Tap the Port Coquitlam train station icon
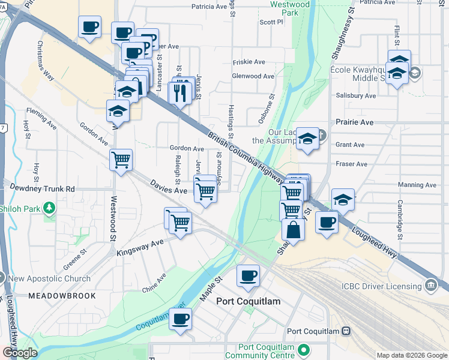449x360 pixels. click(346, 331)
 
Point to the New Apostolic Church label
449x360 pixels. click(49, 278)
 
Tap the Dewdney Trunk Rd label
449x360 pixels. click(37, 188)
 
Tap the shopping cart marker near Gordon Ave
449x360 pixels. click(121, 160)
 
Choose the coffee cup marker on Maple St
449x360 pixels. click(248, 276)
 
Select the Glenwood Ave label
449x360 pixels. click(253, 76)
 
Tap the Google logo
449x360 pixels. click(19, 353)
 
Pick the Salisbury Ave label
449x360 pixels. click(356, 95)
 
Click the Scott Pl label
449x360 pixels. click(271, 22)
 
